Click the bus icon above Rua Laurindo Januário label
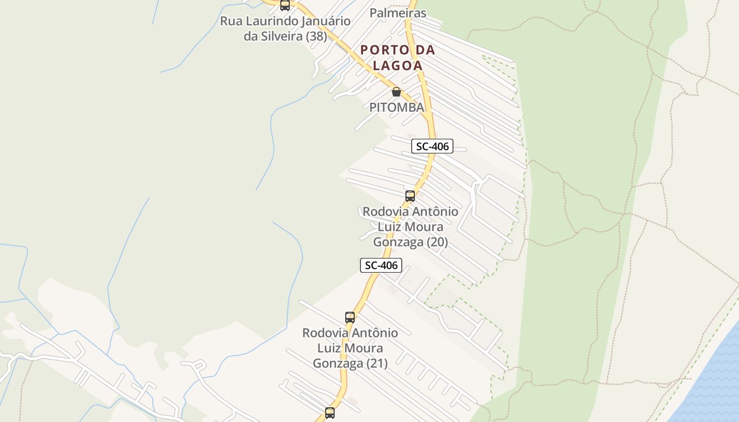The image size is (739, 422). click(285, 6)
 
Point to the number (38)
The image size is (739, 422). click(316, 37)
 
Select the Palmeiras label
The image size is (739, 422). click(398, 13)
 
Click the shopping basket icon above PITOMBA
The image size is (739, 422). click(396, 92)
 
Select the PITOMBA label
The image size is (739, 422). click(396, 107)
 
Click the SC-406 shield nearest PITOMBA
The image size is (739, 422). click(432, 146)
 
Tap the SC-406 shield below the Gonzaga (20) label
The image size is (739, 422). click(381, 265)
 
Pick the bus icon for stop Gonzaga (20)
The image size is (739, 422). click(410, 196)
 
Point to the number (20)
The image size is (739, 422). click(437, 242)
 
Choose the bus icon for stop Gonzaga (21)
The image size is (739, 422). click(350, 318)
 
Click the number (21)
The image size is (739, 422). click(377, 363)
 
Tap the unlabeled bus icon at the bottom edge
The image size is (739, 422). click(330, 413)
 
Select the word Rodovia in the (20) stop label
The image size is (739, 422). click(386, 212)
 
